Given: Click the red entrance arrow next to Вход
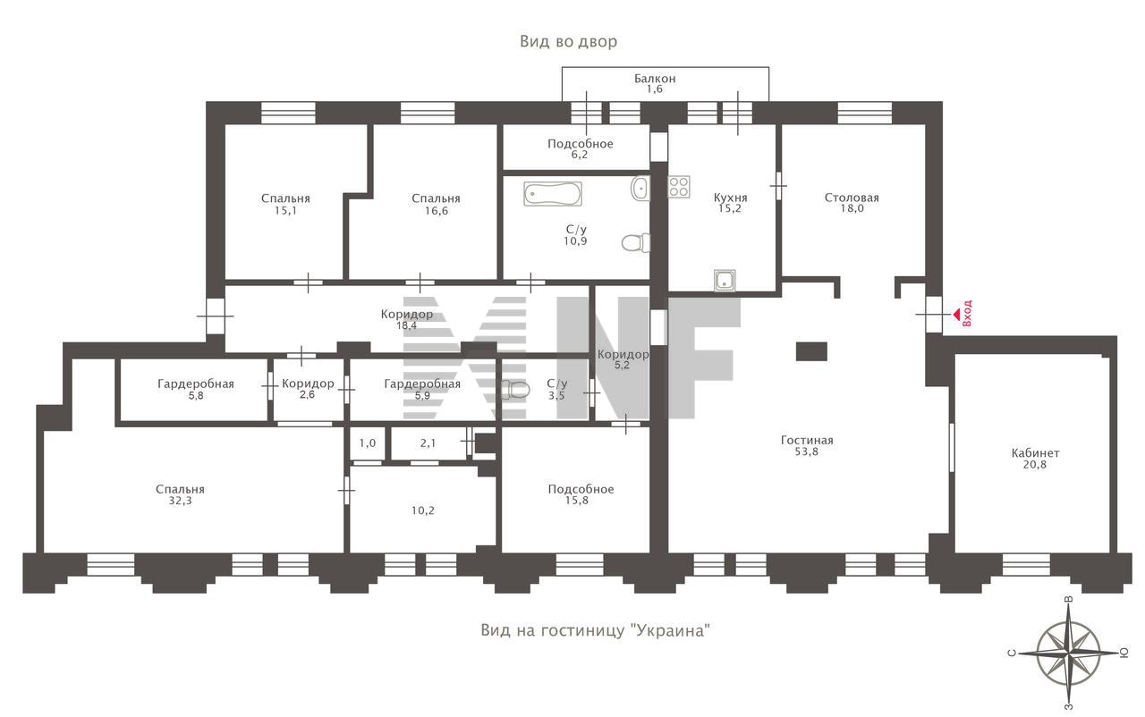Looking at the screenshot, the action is click(956, 315).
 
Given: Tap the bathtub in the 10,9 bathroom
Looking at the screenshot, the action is click(553, 193).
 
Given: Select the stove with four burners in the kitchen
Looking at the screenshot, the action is click(679, 186).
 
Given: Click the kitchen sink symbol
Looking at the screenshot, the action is click(725, 281).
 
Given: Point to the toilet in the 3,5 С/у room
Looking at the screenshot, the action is click(515, 390).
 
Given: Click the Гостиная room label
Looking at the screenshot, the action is click(807, 440).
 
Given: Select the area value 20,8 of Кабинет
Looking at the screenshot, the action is click(1035, 464).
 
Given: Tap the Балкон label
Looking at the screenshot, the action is click(655, 79).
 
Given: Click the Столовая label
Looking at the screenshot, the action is click(852, 198).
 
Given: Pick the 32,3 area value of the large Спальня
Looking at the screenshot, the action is click(180, 501).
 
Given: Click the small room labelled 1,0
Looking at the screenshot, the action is click(367, 443).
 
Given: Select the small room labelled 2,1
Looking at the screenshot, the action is click(428, 443).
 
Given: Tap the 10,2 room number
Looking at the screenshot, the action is click(423, 510).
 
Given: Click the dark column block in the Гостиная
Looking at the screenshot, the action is click(811, 352).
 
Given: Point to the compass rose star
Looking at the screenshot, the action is click(1069, 653).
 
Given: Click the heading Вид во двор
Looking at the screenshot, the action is click(568, 41).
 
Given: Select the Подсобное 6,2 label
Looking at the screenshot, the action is click(581, 148).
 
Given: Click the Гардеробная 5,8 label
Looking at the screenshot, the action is click(196, 389).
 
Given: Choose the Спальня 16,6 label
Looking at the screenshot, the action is click(436, 204).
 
